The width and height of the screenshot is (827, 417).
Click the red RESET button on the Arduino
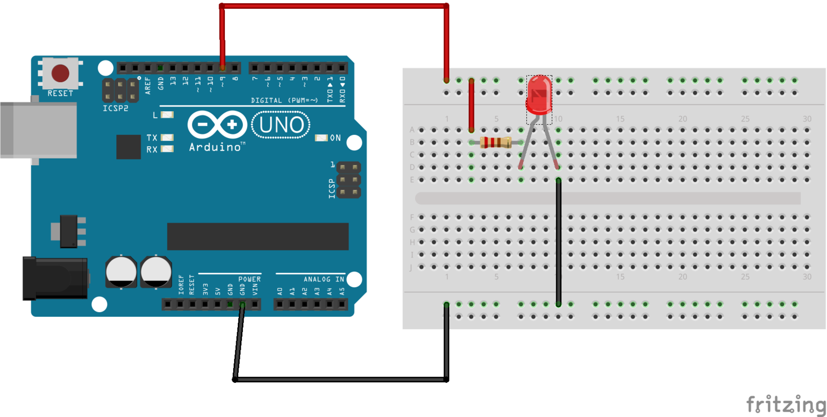(x=60, y=73)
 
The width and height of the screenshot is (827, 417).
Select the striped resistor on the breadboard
(x=496, y=142)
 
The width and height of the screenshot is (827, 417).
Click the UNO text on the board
(x=281, y=125)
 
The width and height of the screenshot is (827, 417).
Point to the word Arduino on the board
(x=215, y=147)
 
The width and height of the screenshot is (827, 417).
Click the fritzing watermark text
(x=786, y=404)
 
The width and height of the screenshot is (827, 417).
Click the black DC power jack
(x=54, y=278)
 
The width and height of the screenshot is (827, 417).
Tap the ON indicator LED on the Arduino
(x=321, y=138)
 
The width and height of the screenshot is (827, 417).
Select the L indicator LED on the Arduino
(x=167, y=115)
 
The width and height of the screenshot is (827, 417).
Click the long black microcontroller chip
(x=257, y=236)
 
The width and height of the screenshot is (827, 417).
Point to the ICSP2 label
(x=115, y=109)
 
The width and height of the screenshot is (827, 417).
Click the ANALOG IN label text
(x=324, y=279)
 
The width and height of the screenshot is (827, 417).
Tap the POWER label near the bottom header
(x=249, y=279)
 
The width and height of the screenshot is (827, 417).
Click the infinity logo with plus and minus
(x=217, y=125)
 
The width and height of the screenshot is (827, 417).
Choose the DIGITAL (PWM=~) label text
(x=284, y=100)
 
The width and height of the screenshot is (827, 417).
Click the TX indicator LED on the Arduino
(x=167, y=137)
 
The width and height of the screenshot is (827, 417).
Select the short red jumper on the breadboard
(x=471, y=105)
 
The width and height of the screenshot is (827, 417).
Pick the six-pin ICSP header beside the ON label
(x=349, y=180)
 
